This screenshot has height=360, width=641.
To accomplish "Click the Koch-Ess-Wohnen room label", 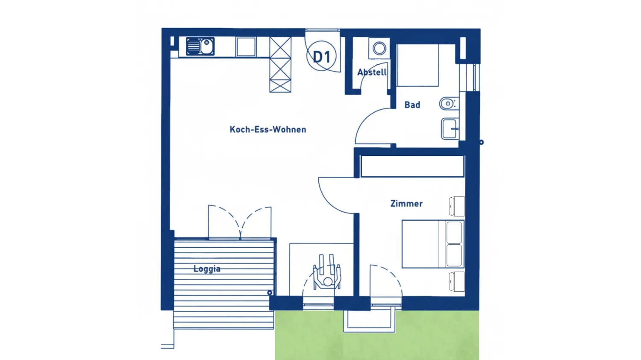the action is [268, 129].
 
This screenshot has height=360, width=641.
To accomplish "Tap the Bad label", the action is [412, 105].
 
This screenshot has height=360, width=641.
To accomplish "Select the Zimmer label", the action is [406, 204].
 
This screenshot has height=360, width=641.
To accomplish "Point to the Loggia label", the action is [207, 269].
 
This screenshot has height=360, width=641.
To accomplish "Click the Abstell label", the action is [372, 72].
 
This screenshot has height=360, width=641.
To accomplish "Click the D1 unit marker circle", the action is [321, 56].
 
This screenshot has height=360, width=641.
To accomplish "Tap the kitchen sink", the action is [200, 46].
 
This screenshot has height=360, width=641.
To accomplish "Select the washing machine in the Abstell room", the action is [379, 48].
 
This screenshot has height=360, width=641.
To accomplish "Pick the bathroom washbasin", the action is [450, 129].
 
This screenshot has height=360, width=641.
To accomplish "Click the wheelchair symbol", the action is [327, 272].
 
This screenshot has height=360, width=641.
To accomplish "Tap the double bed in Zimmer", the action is [433, 244].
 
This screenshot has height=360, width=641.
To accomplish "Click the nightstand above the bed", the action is [457, 206].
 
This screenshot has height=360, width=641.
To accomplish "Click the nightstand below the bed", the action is [457, 282].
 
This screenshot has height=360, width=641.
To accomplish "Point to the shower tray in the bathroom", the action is [418, 65].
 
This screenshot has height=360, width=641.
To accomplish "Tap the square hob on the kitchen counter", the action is [246, 47].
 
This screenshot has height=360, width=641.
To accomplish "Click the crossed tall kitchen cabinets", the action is [280, 64].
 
